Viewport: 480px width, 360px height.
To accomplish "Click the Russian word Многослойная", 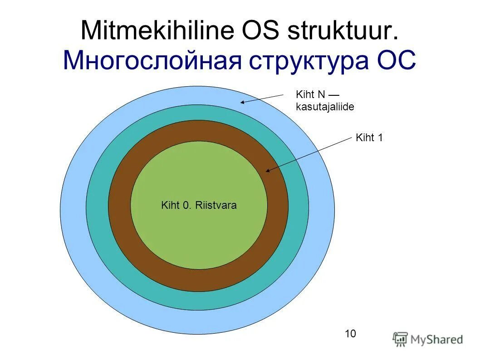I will click(x=152, y=61).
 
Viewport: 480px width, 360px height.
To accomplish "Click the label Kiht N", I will click(x=310, y=94).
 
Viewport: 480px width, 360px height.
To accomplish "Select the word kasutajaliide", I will click(x=325, y=107).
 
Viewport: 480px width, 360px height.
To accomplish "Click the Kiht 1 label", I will click(x=369, y=138).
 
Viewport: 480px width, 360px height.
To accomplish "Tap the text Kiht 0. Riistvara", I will click(x=199, y=205).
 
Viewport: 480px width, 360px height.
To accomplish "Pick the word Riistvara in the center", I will click(x=216, y=205).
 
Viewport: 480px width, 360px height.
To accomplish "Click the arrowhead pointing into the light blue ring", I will click(x=243, y=102).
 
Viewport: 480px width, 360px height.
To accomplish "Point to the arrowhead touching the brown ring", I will click(x=268, y=171).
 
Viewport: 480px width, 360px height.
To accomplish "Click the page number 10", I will click(x=350, y=334).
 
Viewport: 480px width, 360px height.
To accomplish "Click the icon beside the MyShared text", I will click(x=400, y=339).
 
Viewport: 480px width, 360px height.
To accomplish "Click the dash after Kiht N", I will click(x=333, y=94).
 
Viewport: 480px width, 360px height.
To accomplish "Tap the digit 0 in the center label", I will click(x=186, y=205).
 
